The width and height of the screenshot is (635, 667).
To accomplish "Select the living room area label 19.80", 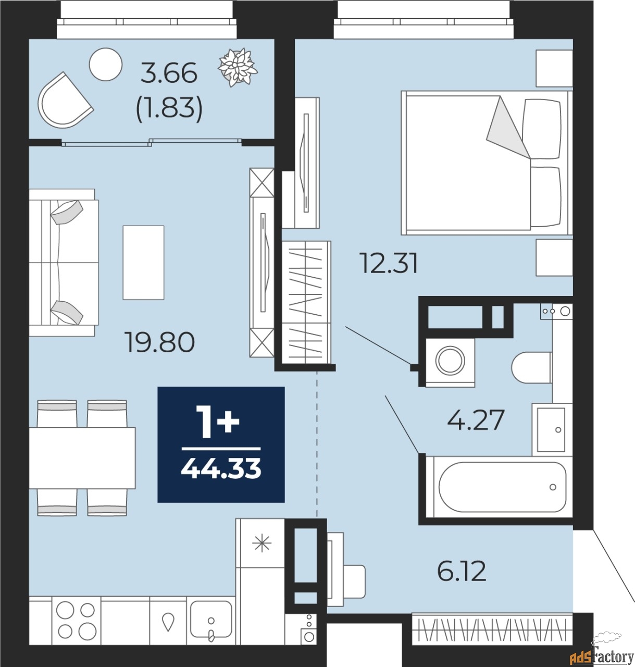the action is (160, 342).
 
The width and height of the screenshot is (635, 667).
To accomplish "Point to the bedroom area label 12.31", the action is (390, 264).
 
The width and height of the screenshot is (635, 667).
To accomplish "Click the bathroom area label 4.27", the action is (476, 420).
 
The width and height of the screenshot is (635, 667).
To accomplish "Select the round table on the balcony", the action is (106, 65).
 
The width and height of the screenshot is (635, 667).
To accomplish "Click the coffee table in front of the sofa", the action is (143, 263).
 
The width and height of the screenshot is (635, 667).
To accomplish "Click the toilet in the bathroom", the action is (531, 368).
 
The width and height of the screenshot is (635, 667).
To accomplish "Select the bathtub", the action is (499, 487).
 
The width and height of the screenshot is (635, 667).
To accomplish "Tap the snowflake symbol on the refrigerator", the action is (262, 544).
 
